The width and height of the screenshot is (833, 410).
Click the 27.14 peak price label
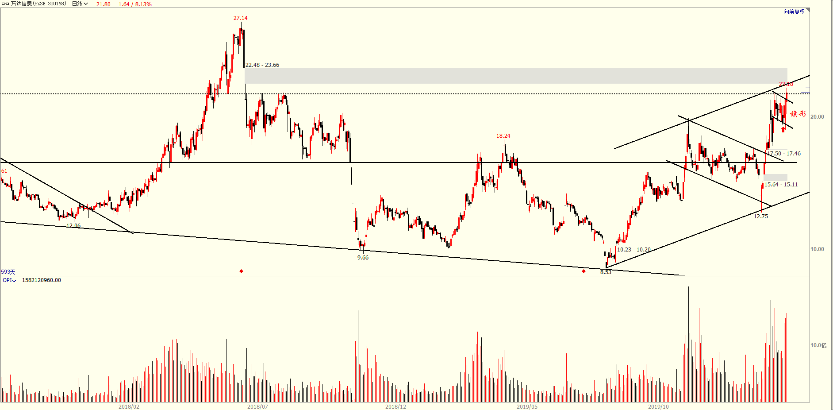tap(240, 18)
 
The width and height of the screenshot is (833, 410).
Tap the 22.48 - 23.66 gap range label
tap(262, 65)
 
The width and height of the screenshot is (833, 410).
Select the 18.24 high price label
tap(503, 136)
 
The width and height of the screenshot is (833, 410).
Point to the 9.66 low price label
tap(363, 258)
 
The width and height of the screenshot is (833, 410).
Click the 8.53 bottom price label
tap(606, 272)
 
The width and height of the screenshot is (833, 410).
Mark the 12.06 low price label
tap(73, 226)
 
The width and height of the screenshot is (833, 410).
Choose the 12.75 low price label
tap(761, 217)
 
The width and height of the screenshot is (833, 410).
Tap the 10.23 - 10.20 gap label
tap(634, 250)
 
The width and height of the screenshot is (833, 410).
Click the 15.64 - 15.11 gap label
tap(781, 185)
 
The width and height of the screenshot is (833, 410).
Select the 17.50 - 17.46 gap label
tap(784, 154)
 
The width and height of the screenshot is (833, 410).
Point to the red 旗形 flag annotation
tap(798, 114)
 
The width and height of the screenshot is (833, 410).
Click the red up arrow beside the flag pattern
tap(783, 129)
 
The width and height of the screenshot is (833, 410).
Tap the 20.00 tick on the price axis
tap(817, 117)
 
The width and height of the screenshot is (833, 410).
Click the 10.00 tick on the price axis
tap(817, 249)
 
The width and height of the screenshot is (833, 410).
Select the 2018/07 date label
tap(257, 406)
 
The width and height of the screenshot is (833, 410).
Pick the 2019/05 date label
tap(527, 406)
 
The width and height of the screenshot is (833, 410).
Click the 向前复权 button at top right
tap(794, 12)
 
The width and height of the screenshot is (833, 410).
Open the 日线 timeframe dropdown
tap(80, 4)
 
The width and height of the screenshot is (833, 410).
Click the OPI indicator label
tap(9, 280)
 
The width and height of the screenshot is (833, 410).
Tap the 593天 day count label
tap(8, 272)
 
